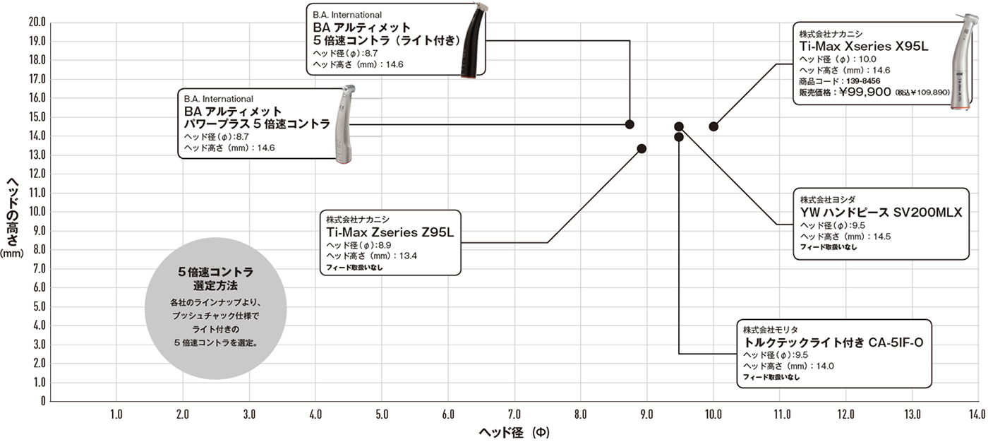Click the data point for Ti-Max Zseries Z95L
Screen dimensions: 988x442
[641, 149]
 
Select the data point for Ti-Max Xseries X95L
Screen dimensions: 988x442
[713, 126]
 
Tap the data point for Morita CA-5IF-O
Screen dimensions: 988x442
[679, 137]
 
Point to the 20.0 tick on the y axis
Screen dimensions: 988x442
[37, 22]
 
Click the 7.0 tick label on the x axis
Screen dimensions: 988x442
[514, 414]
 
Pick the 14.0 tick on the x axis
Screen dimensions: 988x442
[977, 414]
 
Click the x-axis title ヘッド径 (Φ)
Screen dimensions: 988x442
[514, 432]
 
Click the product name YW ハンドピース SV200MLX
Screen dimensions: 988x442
[881, 213]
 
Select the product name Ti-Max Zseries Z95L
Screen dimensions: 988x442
[390, 232]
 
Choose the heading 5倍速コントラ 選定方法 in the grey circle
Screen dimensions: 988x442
[216, 279]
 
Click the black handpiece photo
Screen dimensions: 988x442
[473, 42]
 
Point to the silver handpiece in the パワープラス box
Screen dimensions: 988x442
[345, 124]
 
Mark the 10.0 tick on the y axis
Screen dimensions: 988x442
[37, 211]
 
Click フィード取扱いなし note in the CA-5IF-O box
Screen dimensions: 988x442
[771, 377]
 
